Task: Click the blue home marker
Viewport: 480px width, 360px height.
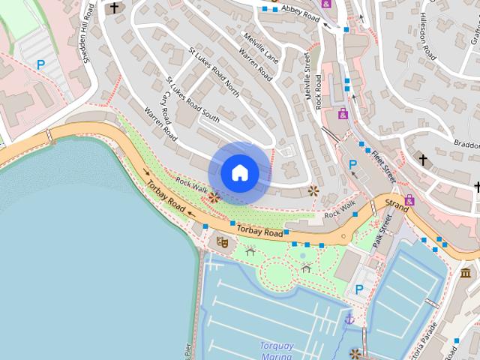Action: [x=240, y=173]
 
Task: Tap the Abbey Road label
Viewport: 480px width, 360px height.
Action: [x=301, y=12]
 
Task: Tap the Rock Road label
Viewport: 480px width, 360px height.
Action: [x=319, y=92]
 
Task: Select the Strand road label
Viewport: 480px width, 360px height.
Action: [x=397, y=203]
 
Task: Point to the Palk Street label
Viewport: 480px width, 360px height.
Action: [x=382, y=231]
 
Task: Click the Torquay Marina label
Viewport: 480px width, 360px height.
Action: [x=276, y=351]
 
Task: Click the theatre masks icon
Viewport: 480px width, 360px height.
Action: [x=221, y=241]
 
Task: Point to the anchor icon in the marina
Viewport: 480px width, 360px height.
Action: [x=349, y=320]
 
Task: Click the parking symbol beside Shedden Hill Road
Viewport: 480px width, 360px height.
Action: [x=40, y=65]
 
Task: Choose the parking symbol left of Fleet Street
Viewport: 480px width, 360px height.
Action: [x=352, y=164]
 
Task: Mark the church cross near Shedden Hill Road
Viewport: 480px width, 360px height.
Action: [x=115, y=8]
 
